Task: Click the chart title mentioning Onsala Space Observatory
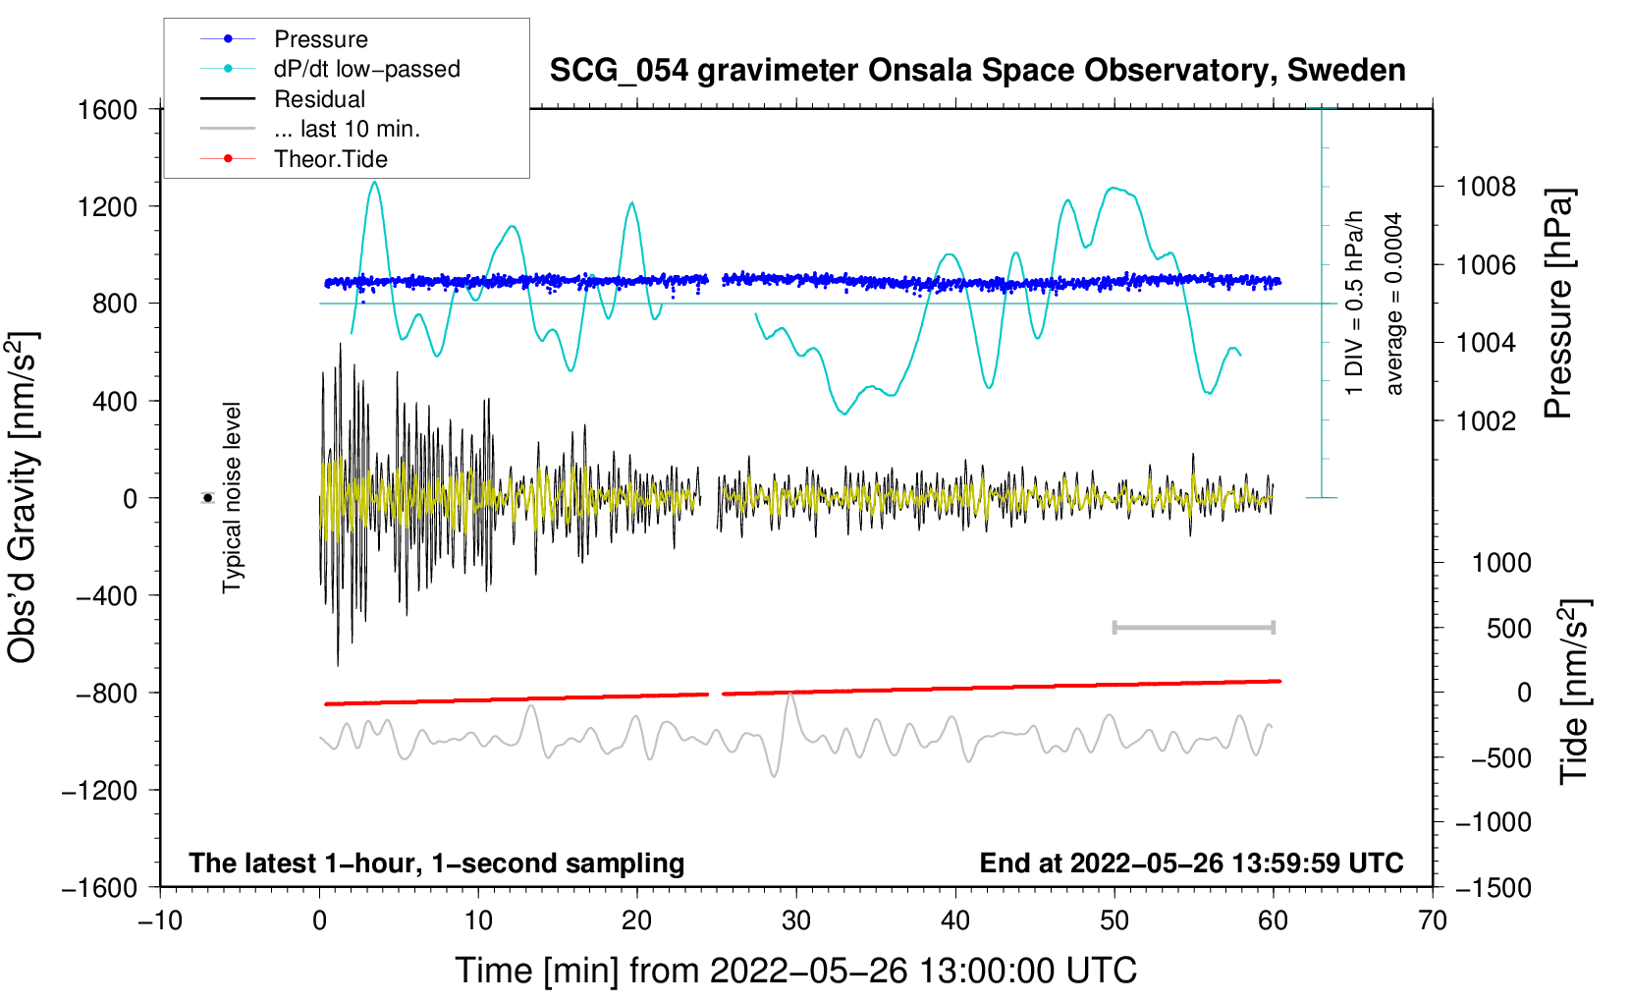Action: pos(977,71)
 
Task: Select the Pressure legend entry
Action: pos(320,39)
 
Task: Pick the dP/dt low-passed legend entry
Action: pos(366,69)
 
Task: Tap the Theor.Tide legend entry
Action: pos(330,159)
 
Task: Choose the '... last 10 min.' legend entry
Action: pos(347,129)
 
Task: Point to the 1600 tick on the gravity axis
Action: pos(107,109)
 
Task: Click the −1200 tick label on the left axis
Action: pos(99,791)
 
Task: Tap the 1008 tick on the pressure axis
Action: pos(1486,187)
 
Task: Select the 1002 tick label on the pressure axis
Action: pos(1486,421)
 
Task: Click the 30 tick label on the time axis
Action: pos(796,920)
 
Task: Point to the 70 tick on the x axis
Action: pos(1433,920)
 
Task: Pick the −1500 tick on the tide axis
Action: pos(1493,888)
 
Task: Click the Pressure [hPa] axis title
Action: pos(1559,305)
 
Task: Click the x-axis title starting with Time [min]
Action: pos(795,971)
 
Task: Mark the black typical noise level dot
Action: pos(208,498)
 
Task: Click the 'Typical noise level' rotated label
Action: pos(232,497)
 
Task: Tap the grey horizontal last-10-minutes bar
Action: pos(1193,627)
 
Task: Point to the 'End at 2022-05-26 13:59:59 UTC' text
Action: pos(1191,863)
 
